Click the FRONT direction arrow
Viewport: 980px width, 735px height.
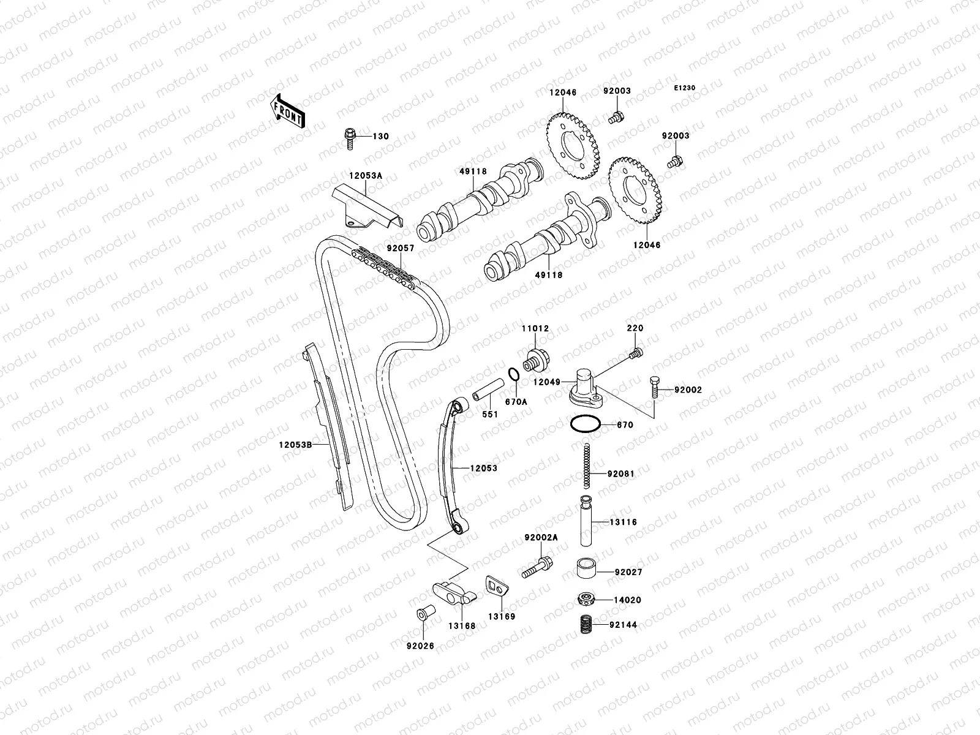[x=289, y=111]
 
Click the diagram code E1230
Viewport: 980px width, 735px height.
[x=685, y=88]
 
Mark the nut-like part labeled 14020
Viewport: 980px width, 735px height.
[x=587, y=598]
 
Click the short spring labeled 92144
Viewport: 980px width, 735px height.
[x=587, y=624]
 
